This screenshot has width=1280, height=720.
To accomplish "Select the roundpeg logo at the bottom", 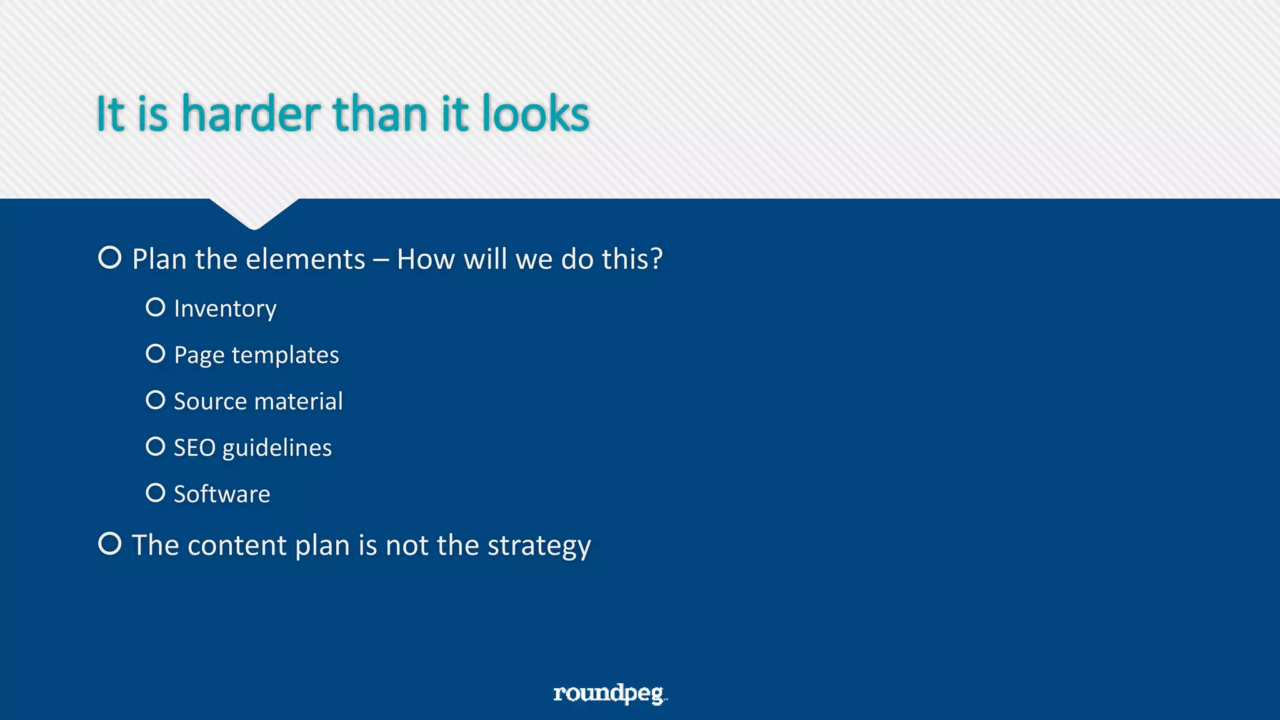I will coord(609,693).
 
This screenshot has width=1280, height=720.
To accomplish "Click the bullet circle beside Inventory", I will coord(156,307).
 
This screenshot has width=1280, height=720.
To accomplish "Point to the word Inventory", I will coord(225,309).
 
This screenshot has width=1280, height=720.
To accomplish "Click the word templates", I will coord(285,355).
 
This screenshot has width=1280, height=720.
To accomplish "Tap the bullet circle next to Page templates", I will coord(156,354).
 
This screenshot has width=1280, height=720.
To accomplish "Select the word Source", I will coord(206,401).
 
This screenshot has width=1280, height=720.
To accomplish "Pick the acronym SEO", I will coord(194,447).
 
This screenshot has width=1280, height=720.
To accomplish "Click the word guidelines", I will coord(277,449).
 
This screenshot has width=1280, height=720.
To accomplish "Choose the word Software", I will coord(222,494).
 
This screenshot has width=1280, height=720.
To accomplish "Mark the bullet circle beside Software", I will coord(156,492).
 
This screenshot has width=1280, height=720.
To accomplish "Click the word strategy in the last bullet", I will coord(539,546).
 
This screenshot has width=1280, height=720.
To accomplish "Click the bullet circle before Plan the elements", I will coord(110,257).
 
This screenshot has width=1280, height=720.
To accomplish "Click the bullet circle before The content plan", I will coord(110,543).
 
